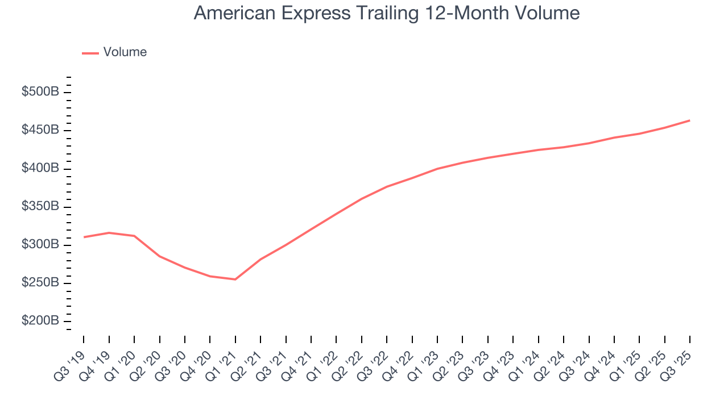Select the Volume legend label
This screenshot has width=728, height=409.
pyautogui.click(x=125, y=52)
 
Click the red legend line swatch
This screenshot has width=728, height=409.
pyautogui.click(x=90, y=53)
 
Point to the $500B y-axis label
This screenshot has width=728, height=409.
pyautogui.click(x=40, y=92)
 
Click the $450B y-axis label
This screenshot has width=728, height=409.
pyautogui.click(x=40, y=130)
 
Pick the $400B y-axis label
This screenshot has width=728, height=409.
pyautogui.click(x=40, y=169)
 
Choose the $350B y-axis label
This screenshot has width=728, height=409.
pyautogui.click(x=40, y=207)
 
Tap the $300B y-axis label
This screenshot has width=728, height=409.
pyautogui.click(x=40, y=245)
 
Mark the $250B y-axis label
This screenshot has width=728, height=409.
pyautogui.click(x=40, y=283)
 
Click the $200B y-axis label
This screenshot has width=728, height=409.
pyautogui.click(x=40, y=321)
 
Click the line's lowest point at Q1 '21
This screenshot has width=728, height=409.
pyautogui.click(x=235, y=279)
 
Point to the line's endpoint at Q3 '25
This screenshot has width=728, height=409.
pyautogui.click(x=689, y=120)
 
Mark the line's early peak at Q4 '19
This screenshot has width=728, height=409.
pyautogui.click(x=109, y=233)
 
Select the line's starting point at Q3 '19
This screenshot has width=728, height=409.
pyautogui.click(x=84, y=237)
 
